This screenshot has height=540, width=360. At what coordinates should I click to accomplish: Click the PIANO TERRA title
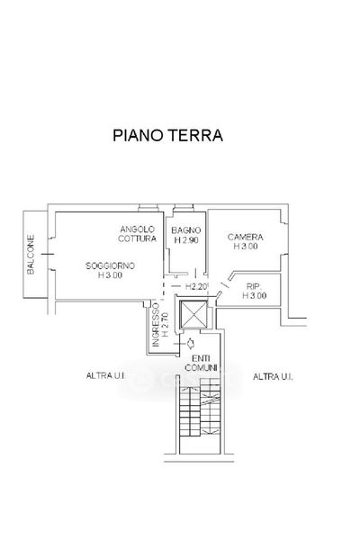click(x=167, y=135)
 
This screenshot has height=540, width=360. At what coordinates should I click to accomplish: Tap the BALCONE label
click(x=31, y=255)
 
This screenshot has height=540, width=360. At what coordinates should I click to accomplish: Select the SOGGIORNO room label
click(x=110, y=265)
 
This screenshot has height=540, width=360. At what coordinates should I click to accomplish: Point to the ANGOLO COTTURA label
click(x=137, y=234)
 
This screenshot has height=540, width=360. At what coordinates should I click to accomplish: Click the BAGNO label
click(x=186, y=230)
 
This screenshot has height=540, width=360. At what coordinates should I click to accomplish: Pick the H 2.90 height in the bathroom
click(x=186, y=240)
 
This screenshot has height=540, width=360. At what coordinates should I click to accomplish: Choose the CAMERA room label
click(x=246, y=237)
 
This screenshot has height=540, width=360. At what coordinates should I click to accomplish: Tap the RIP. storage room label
click(x=254, y=286)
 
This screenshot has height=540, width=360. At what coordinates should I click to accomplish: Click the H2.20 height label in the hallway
click(x=196, y=286)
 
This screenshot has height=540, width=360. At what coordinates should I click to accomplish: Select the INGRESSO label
click(x=156, y=324)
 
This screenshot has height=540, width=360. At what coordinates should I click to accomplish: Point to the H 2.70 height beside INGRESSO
click(x=165, y=324)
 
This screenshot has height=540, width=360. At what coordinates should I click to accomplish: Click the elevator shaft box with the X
click(x=194, y=314)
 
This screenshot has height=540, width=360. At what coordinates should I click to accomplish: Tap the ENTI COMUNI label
click(x=202, y=363)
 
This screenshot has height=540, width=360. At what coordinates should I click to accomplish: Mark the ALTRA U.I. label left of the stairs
click(x=105, y=375)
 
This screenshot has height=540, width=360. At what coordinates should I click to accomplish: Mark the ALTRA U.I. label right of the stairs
click(x=273, y=376)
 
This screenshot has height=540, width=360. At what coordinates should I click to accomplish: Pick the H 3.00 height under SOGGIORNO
click(x=110, y=275)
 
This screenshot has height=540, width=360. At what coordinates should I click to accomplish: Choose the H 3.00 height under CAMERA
click(x=246, y=247)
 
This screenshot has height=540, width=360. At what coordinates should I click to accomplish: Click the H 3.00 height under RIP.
click(x=254, y=295)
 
